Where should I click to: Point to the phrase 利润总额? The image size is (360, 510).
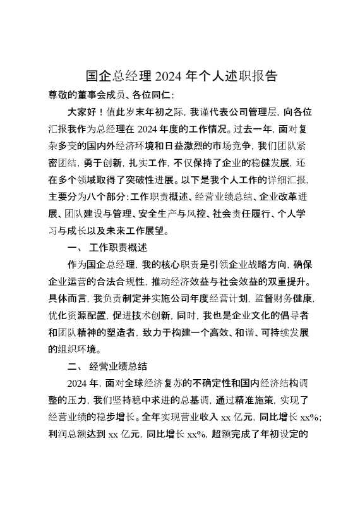(x=70, y=433)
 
